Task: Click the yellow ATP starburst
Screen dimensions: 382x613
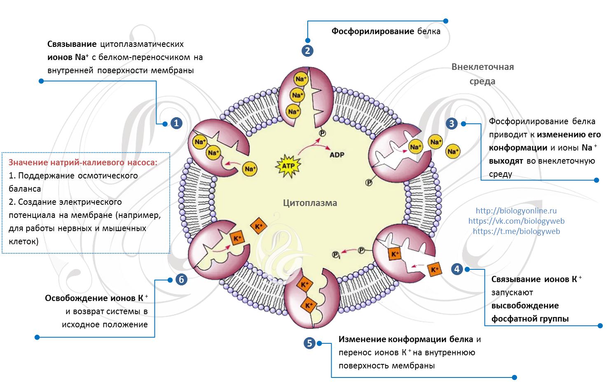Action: (x=288, y=166)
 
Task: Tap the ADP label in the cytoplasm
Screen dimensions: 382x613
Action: (x=337, y=155)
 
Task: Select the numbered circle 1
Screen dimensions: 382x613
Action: (x=176, y=123)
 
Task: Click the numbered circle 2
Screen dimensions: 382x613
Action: (x=307, y=51)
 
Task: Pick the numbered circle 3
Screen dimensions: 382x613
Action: (x=452, y=123)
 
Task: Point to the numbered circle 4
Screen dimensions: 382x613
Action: (x=456, y=269)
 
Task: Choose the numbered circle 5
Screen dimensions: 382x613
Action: (x=309, y=343)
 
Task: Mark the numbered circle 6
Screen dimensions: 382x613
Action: (x=181, y=280)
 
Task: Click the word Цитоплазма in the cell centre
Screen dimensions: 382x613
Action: (x=310, y=203)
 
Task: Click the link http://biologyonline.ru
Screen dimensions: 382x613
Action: (x=516, y=211)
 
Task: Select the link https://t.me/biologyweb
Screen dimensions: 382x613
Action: (x=516, y=231)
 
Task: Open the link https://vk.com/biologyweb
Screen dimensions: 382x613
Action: (x=516, y=221)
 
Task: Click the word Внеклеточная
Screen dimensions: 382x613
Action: (x=482, y=67)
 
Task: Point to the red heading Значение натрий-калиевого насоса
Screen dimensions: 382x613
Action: (x=83, y=162)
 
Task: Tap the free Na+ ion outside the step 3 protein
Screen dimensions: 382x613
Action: (x=453, y=152)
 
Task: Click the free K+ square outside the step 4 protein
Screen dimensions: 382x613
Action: (x=434, y=270)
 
